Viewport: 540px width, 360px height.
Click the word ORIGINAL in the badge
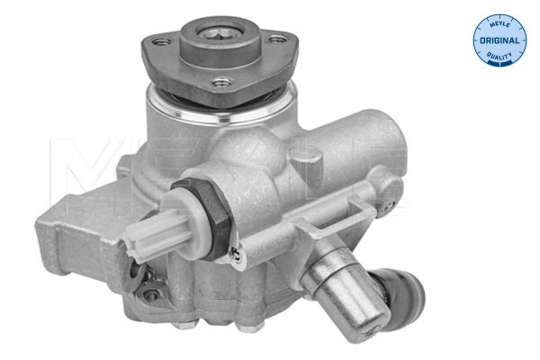[499, 41]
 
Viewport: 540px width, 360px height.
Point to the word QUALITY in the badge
[499, 56]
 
